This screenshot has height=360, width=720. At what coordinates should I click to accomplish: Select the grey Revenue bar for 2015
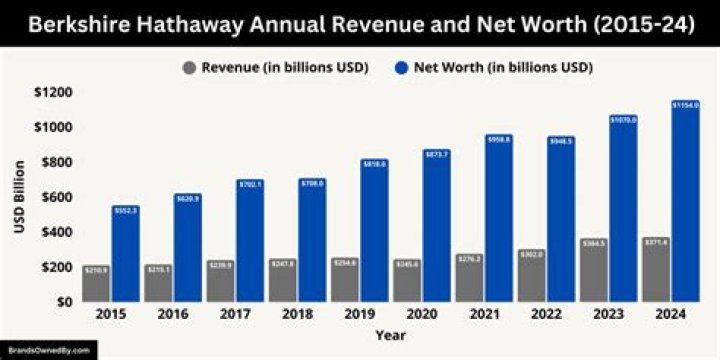click(x=96, y=283)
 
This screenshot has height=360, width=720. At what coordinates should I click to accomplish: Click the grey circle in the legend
click(x=189, y=68)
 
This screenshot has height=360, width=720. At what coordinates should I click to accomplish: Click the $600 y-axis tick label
click(x=52, y=197)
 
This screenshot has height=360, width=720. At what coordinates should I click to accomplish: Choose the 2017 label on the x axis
click(x=234, y=315)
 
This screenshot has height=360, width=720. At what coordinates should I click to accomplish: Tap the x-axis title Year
click(x=390, y=335)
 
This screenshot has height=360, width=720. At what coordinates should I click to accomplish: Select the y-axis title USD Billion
click(x=18, y=197)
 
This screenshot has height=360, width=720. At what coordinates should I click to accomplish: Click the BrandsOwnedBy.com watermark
click(x=49, y=351)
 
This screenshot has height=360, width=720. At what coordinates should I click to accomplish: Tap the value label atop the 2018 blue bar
click(x=312, y=183)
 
